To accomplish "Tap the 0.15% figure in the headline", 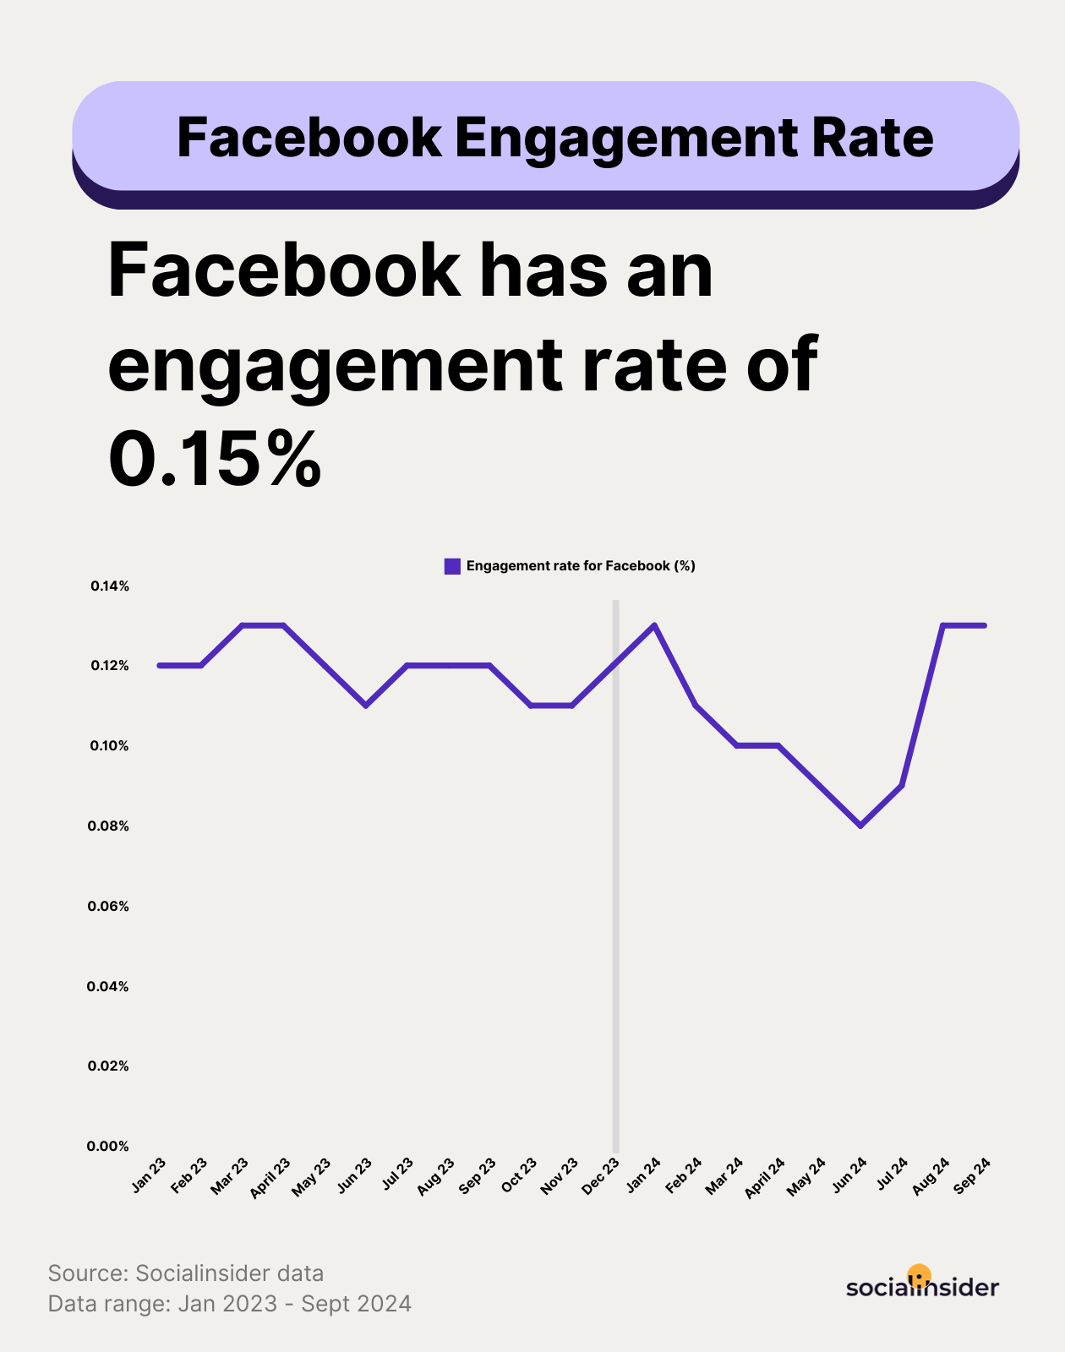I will coord(215,459).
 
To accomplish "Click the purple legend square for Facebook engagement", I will coord(452,566).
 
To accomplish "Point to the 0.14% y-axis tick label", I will coord(110,586).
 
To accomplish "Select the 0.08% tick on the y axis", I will coord(108,826).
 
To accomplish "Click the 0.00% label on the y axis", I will coord(108,1146).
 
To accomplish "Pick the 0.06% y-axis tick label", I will coord(108,906).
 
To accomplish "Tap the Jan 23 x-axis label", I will coord(149,1175).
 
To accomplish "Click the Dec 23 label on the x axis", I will coord(601,1175).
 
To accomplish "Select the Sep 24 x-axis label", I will coord(972,1175).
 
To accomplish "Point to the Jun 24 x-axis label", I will coord(849,1175).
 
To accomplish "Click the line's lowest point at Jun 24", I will coord(860,826).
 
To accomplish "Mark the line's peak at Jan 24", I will coord(655,625).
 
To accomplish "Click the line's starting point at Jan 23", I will coord(160,665).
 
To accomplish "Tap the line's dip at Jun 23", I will coord(365,705).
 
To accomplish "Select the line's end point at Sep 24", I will coord(984,625).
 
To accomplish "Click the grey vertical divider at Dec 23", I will coord(615,929).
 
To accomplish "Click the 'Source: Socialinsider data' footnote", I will coord(186,1273).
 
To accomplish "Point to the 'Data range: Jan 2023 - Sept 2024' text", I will coord(230,1304).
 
